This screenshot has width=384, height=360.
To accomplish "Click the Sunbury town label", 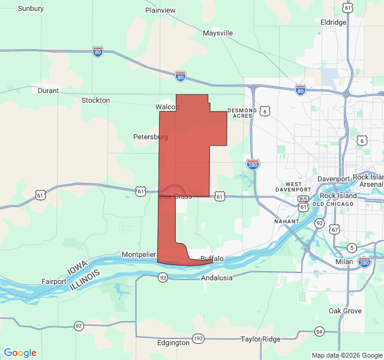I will tap(31, 8).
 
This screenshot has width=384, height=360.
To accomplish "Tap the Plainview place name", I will tap(160, 10).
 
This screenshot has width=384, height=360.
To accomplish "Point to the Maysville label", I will tap(217, 33).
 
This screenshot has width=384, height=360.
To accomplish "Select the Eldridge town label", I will tap(334, 22).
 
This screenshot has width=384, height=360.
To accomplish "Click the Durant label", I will tap(48, 91).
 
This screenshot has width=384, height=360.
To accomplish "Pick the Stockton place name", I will tap(95, 100).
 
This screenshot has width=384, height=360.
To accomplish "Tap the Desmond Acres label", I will tap(242, 113).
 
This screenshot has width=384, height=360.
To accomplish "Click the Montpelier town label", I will tap(139, 255).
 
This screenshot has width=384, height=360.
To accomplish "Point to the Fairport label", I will tap(54, 281).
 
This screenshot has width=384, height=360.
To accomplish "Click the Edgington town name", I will tap(173, 343).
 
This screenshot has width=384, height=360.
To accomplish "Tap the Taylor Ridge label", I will tap(260, 339).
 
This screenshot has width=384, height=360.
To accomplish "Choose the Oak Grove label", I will tap(345, 311).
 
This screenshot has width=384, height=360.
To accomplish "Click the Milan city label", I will tap(344, 262).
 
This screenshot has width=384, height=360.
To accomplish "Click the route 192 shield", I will tap(199, 338).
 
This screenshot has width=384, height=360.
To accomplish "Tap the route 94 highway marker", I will tap(319, 332).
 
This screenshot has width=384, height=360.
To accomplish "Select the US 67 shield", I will tap(334, 229).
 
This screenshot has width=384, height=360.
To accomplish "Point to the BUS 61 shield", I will tap(303, 199).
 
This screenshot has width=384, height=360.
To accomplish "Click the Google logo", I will tap(20, 353).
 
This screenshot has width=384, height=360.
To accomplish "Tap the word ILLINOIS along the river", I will tap(86, 279).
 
